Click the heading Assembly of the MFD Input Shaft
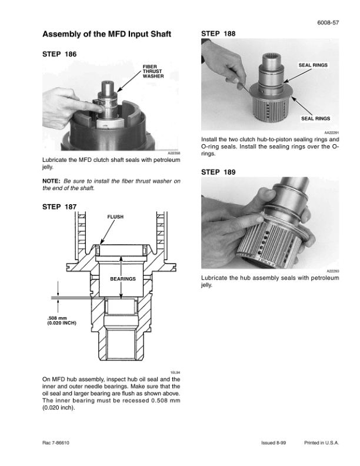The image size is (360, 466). point(107,34)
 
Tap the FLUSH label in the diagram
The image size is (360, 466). point(115,217)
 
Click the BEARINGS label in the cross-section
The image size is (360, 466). point(122,278)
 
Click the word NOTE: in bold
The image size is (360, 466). point(52,181)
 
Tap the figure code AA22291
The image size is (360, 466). point(332,133)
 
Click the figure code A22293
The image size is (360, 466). point(333,271)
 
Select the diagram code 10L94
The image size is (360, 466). point(175,372)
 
